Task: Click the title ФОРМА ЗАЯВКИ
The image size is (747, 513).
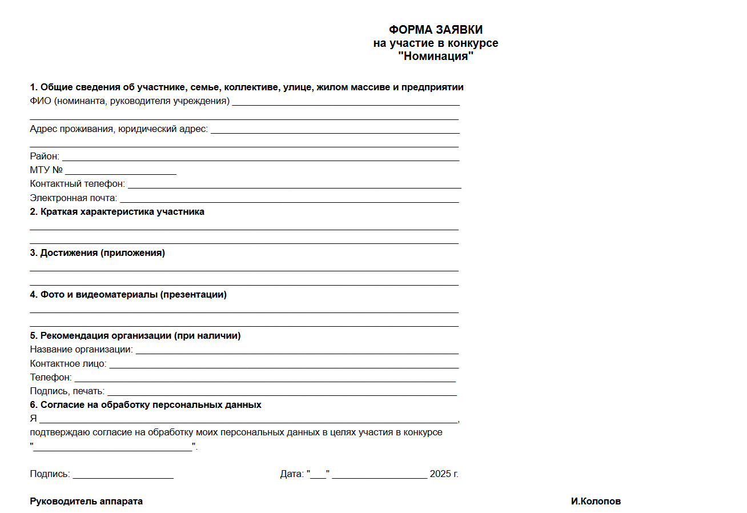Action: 436,30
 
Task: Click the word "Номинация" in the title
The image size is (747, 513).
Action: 436,57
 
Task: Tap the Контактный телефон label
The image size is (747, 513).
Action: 78,184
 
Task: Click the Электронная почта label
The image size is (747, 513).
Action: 74,198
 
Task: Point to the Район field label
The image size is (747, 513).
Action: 45,157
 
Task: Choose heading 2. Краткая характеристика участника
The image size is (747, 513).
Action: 117,212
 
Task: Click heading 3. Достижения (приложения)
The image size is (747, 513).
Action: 98,253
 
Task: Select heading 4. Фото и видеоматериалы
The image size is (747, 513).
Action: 128,295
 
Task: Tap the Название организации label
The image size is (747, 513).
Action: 81,349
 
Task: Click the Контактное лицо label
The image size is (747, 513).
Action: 68,363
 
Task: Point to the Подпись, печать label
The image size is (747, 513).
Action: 67,391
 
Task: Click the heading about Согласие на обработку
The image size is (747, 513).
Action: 146,405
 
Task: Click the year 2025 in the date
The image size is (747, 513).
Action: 440,474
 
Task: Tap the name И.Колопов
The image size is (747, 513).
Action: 596,502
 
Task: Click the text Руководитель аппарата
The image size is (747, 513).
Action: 86,502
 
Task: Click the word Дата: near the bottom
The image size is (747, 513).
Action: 292,474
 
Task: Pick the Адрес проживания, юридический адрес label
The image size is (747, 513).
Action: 119,129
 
